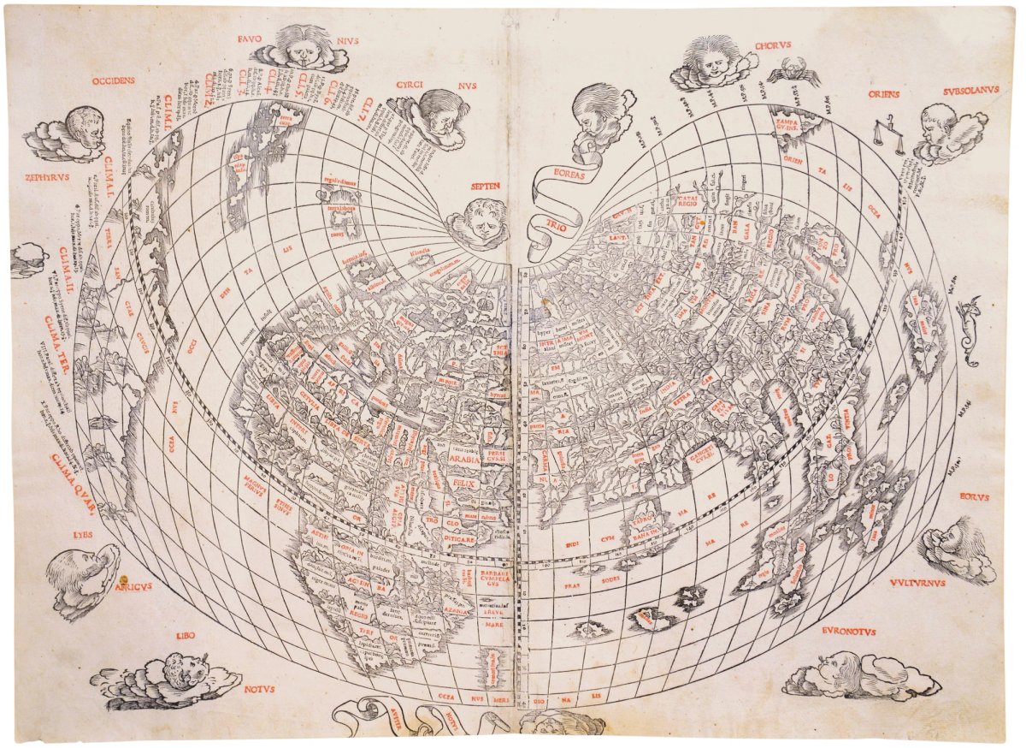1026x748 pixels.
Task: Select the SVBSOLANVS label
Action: pos(965,89)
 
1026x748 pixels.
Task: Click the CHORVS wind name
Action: pos(774,45)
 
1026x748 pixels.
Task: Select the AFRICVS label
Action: pos(132,586)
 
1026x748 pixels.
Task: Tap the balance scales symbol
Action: pos(889,135)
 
